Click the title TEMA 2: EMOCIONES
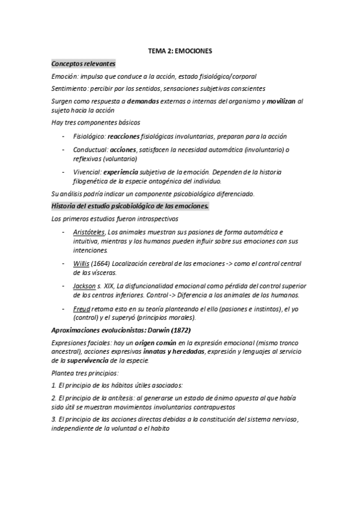[x=180, y=52]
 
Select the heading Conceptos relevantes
[x=84, y=64]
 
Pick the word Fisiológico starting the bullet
[x=89, y=137]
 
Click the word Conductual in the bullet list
[x=90, y=150]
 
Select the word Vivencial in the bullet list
[x=87, y=171]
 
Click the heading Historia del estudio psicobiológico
[x=130, y=206]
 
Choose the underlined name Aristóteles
[x=89, y=232]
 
